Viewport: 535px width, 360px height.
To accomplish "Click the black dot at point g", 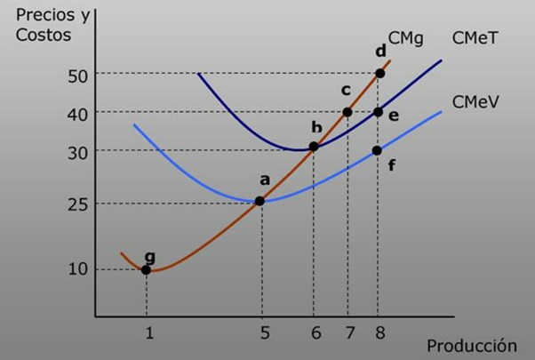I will tap(147, 269).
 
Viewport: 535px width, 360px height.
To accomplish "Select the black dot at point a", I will tap(260, 201).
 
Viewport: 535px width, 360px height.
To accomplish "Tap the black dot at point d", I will tap(379, 73).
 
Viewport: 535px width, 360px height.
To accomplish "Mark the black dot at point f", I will tap(377, 150).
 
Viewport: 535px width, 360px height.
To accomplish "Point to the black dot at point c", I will tap(347, 112).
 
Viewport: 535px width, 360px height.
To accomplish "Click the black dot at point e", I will tap(378, 112).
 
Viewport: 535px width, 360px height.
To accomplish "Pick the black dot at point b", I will tap(314, 147).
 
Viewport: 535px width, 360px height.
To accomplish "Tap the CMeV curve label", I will tap(475, 101).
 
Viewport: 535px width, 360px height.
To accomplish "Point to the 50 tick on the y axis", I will tap(78, 75).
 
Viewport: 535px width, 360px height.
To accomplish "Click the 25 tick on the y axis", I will tap(78, 204).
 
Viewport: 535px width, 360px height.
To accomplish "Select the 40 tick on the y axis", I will tap(78, 114).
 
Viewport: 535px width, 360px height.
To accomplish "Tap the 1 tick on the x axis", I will tap(149, 334).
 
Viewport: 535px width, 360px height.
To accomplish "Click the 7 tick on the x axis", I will tap(350, 334).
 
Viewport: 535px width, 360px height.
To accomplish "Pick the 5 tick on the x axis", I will tap(263, 334).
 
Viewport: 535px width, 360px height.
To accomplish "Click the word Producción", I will tap(471, 345).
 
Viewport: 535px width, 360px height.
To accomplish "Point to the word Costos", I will tap(43, 36).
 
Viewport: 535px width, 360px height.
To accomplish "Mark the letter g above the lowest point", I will tap(149, 256).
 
